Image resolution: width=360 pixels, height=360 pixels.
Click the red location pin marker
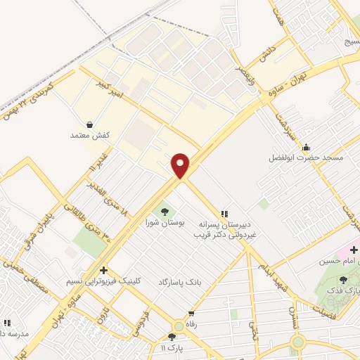pyautogui.click(x=181, y=165)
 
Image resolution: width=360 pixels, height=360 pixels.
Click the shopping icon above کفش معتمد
pyautogui.click(x=89, y=123)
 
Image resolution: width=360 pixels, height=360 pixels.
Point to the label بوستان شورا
pyautogui.click(x=164, y=221)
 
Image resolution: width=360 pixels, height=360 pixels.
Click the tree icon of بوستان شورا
pyautogui.click(x=165, y=210)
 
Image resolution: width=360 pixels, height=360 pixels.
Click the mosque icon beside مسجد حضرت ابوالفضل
pyautogui.click(x=306, y=148)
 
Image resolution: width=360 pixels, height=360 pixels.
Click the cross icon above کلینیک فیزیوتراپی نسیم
pyautogui.click(x=103, y=269)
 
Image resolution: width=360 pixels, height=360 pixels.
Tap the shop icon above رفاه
pyautogui.click(x=191, y=314)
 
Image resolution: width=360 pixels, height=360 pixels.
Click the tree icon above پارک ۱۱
pyautogui.click(x=172, y=337)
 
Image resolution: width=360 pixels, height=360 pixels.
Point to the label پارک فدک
pyautogui.click(x=343, y=290)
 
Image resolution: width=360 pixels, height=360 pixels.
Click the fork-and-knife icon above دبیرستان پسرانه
pyautogui.click(x=224, y=213)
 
